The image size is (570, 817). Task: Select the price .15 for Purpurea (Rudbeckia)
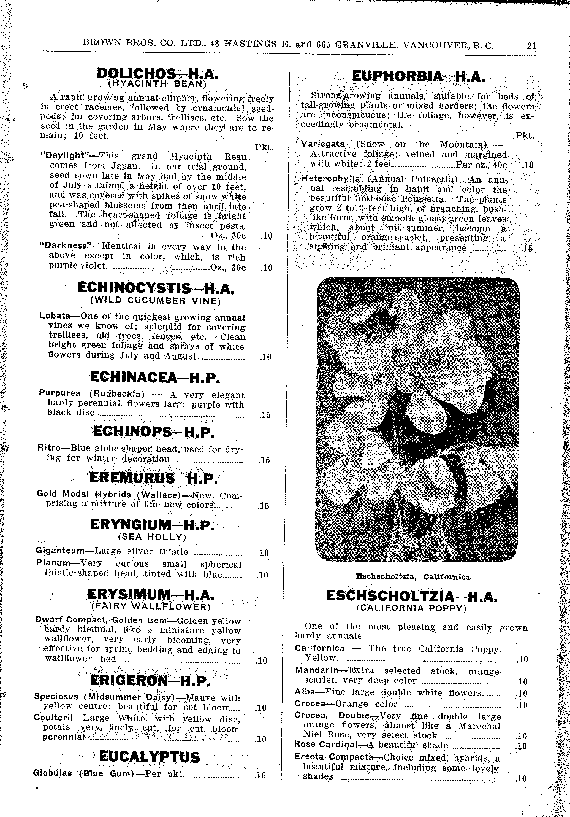265,415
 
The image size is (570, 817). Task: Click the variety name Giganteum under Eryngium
60,551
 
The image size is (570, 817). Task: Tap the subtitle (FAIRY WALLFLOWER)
151,606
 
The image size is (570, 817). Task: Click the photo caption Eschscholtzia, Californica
413,577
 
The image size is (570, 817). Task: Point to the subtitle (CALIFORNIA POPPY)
411,608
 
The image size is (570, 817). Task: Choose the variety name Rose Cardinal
325,745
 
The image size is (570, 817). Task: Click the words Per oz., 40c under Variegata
481,165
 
